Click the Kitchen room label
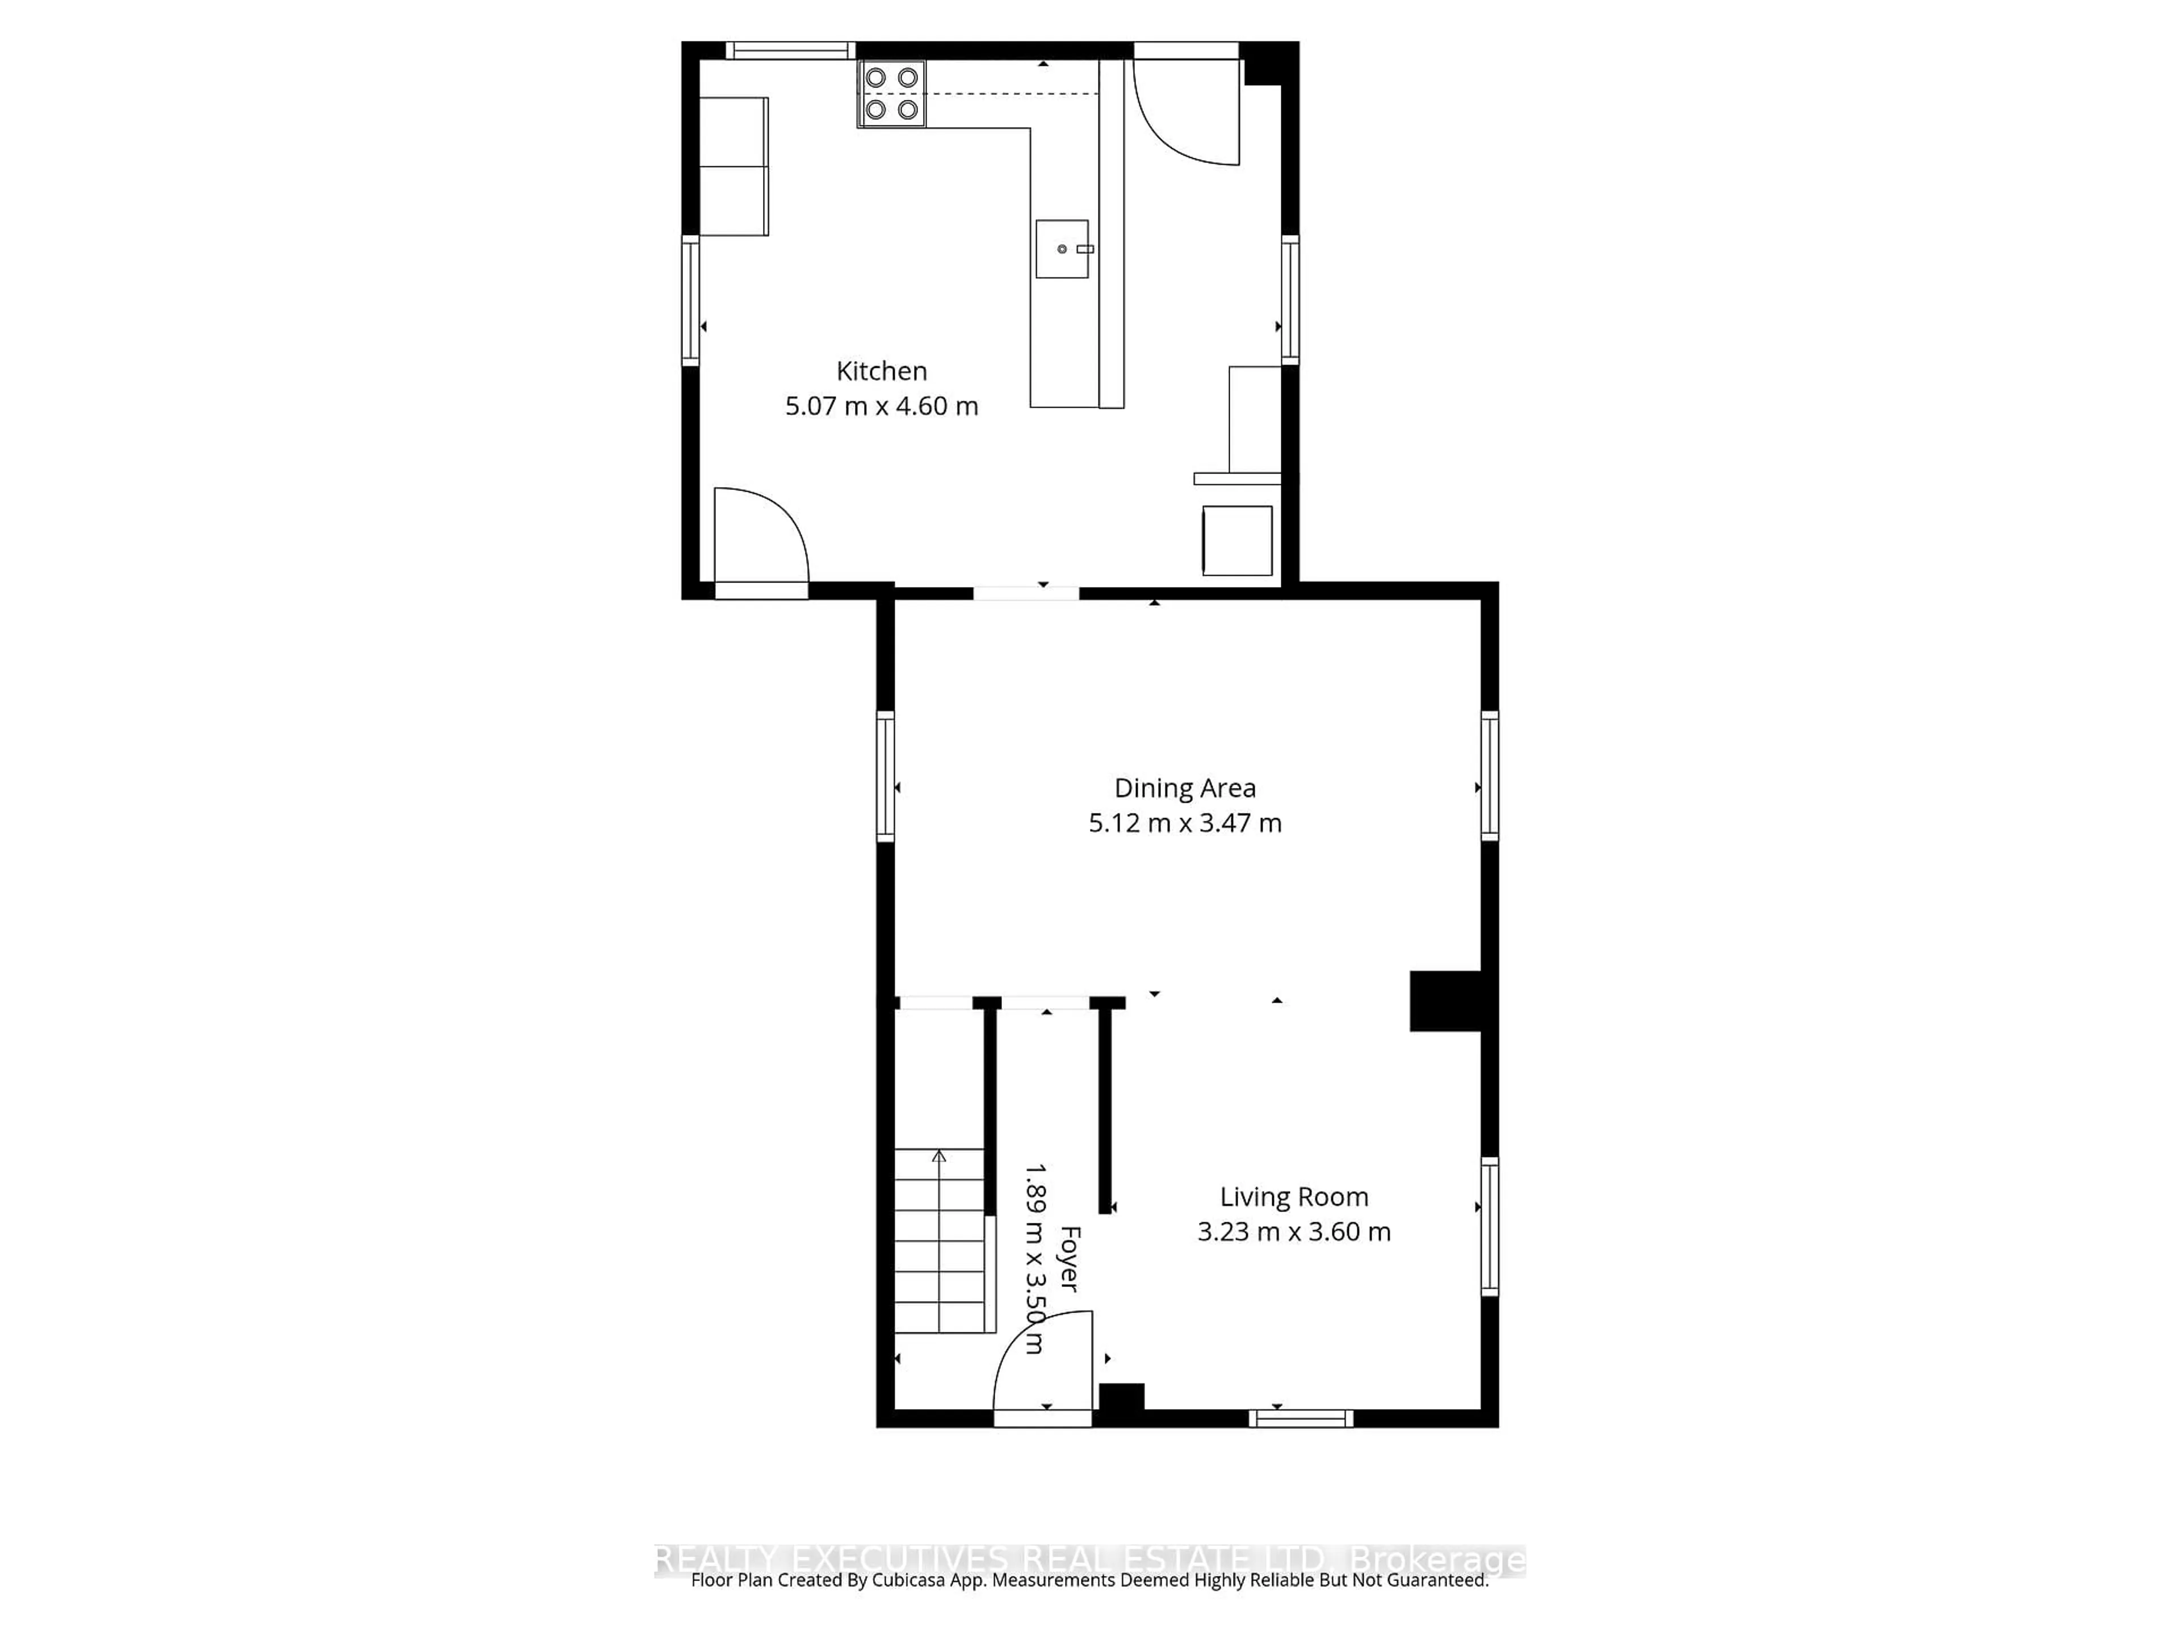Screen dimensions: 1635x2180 pos(881,371)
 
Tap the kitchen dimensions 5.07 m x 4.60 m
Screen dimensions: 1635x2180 pos(881,406)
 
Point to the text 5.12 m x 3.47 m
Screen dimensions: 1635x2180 pos(1185,823)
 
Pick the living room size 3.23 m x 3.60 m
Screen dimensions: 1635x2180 pos(1293,1232)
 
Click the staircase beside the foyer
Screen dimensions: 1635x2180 pos(939,1242)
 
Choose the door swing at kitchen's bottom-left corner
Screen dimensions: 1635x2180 pos(759,537)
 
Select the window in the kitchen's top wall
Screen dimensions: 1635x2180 pos(790,51)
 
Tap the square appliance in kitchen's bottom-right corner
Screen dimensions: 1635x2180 pos(1237,540)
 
